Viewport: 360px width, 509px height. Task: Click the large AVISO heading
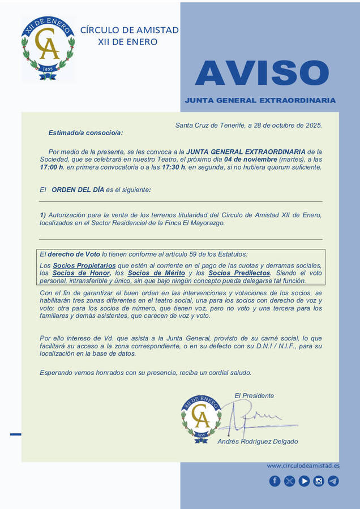click(262, 73)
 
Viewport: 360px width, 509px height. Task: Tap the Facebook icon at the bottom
click(275, 481)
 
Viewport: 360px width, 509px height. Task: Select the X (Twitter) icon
click(289, 481)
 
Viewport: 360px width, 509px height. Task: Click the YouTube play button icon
click(304, 481)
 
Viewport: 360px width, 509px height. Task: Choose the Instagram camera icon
click(319, 481)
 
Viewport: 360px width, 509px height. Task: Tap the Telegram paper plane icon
click(333, 481)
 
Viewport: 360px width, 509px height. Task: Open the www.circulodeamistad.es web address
click(303, 466)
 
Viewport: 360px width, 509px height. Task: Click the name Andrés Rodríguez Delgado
click(258, 442)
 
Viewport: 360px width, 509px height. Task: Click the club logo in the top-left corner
click(48, 49)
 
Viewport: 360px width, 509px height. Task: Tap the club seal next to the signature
click(200, 419)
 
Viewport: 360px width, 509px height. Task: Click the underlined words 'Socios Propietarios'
click(84, 265)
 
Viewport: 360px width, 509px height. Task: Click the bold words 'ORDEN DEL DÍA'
click(78, 190)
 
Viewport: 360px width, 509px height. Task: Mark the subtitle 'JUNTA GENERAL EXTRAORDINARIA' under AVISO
click(260, 101)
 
